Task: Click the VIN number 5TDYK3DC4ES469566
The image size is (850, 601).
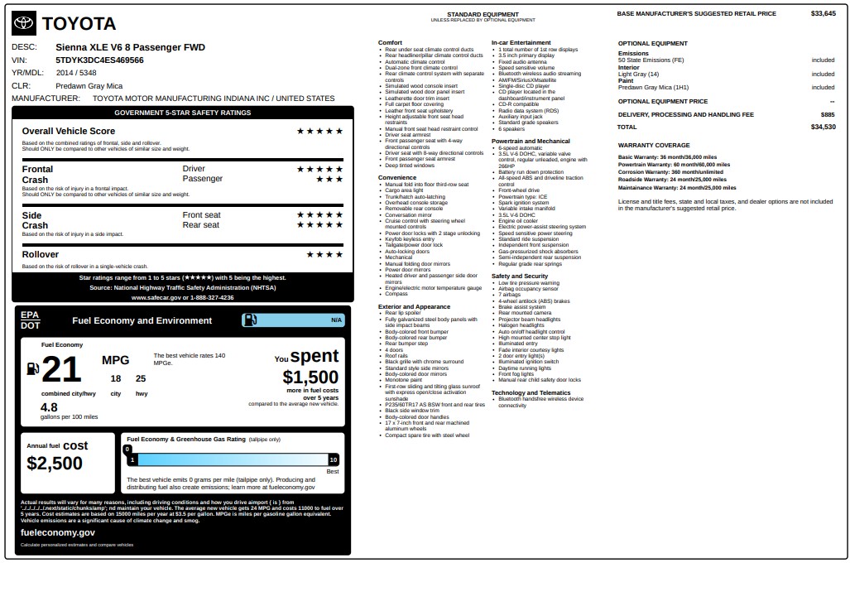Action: (99, 60)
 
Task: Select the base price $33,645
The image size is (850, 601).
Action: (823, 13)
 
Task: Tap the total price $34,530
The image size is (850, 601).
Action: (823, 127)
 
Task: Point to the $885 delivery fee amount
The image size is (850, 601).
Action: (828, 114)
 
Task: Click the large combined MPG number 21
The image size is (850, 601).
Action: (61, 370)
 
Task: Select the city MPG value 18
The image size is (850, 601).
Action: (116, 379)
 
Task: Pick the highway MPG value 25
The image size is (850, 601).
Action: (141, 379)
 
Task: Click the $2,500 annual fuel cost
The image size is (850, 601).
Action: (55, 463)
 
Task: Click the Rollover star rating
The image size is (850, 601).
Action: (324, 254)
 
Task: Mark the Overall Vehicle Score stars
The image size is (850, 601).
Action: (319, 131)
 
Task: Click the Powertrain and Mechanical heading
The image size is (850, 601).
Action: (531, 141)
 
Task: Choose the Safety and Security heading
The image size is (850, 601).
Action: (520, 276)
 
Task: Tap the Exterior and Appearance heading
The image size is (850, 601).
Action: (414, 306)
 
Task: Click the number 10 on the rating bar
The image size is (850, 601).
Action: (333, 459)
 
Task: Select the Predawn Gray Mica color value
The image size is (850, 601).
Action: (89, 85)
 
